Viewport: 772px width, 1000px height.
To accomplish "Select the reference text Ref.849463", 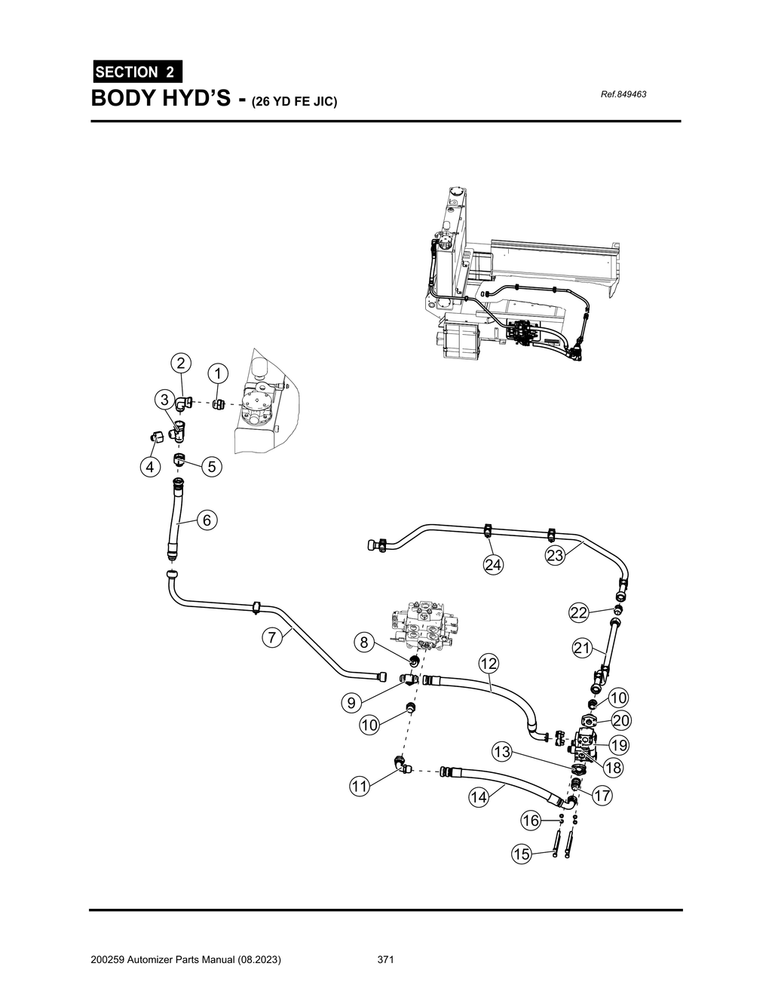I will pos(623,94).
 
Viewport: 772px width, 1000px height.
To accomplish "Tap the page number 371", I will pos(386,960).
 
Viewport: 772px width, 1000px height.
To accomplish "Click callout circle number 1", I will pos(217,373).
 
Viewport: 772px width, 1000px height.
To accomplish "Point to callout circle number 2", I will pos(180,363).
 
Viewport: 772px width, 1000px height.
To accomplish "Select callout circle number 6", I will pos(208,520).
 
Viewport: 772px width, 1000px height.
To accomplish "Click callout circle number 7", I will pos(272,637).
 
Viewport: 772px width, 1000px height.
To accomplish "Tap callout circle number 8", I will pos(363,643).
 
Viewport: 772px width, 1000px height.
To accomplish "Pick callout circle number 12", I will pos(488,664).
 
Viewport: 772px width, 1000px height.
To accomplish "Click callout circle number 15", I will pos(521,854).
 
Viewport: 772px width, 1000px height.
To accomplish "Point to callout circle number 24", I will pos(494,565).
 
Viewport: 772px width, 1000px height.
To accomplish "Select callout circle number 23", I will pos(555,556).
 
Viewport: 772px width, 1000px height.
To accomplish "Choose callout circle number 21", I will pos(582,647).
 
